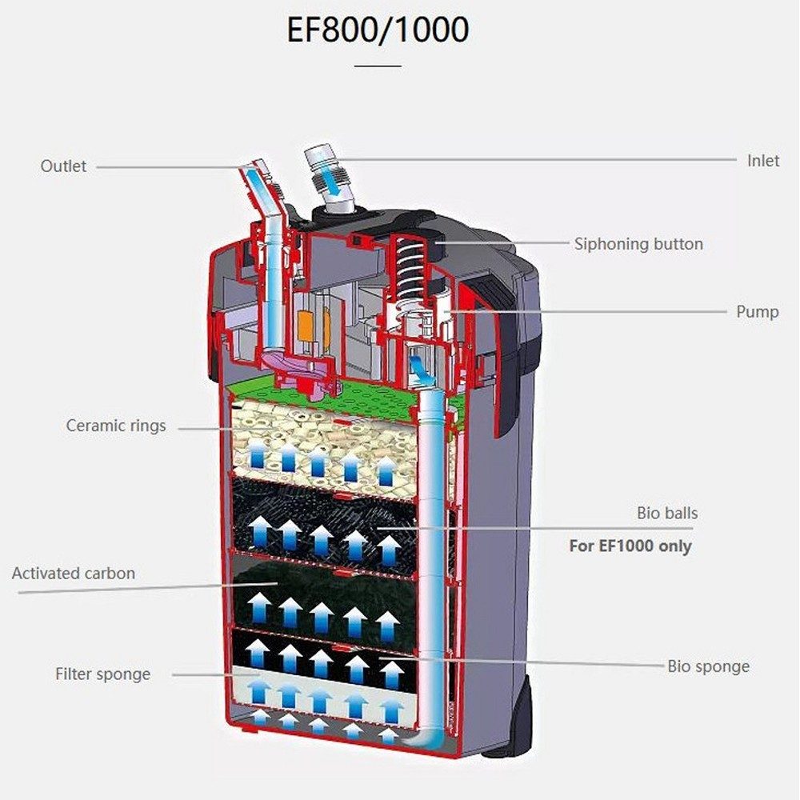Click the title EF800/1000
coord(378,31)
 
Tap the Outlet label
coord(63,166)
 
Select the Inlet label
coord(762,160)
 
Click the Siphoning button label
coord(638,244)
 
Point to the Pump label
coord(757,311)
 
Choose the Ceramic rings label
coord(116,426)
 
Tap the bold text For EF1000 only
coord(630,547)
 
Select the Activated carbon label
coord(74,574)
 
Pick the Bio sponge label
coord(708,666)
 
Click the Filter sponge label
coord(102,674)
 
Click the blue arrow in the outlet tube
coord(257,178)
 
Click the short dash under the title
coord(378,66)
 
